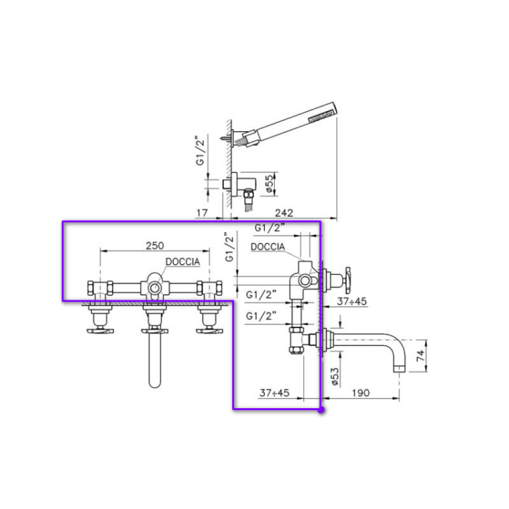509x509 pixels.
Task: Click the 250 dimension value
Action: click(155, 245)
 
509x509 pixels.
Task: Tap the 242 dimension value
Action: click(284, 213)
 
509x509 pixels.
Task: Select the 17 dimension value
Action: click(202, 213)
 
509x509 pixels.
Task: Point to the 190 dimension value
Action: click(361, 393)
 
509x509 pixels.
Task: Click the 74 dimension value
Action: click(420, 355)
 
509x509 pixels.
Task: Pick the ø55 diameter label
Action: click(269, 184)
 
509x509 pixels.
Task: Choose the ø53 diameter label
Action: click(335, 376)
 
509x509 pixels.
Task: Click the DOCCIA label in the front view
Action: click(182, 262)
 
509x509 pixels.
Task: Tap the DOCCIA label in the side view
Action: click(268, 247)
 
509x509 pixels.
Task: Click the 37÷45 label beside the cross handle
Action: click(352, 301)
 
